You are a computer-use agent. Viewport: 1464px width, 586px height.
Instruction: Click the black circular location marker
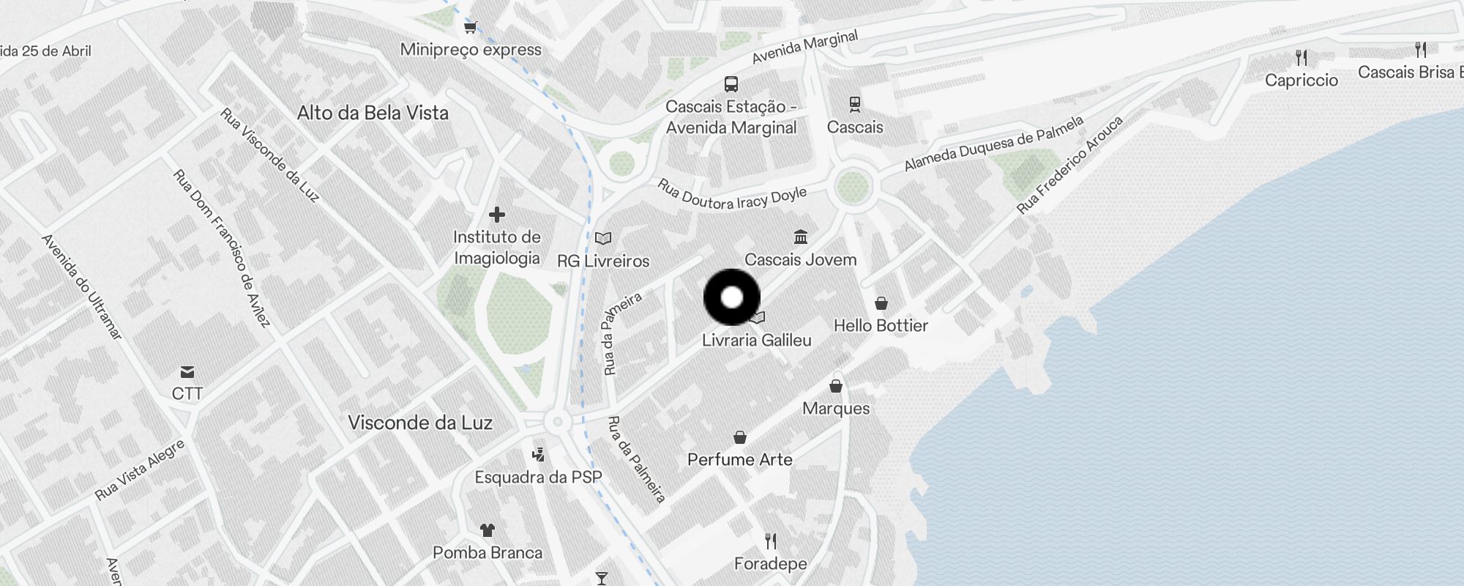732,297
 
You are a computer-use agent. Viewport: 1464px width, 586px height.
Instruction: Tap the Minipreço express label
471,50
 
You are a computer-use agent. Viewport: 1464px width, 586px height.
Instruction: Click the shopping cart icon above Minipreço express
471,28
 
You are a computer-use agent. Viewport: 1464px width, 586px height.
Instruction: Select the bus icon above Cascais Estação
731,84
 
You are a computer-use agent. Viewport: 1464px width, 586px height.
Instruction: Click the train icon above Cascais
854,104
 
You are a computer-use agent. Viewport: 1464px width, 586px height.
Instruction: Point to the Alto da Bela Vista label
373,113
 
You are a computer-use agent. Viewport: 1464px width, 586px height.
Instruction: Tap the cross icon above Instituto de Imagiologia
497,215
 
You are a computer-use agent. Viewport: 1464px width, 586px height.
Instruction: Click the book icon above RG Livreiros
603,238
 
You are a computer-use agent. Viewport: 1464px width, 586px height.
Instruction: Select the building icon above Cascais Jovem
801,237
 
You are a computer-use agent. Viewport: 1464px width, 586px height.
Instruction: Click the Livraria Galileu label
757,341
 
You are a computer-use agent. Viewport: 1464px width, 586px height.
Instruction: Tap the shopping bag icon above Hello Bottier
881,303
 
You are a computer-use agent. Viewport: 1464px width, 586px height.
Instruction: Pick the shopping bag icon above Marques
836,386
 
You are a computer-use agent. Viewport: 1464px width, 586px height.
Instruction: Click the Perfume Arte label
740,460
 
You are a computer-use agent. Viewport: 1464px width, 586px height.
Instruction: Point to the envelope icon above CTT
187,372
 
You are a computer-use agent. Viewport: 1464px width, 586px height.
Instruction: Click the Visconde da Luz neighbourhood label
420,423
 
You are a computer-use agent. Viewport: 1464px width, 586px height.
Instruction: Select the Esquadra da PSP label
538,478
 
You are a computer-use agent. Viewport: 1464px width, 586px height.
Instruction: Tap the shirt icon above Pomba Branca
488,530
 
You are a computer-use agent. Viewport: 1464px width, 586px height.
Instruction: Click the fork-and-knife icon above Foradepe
771,541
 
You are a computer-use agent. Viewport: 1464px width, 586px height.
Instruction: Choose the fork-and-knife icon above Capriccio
1301,57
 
